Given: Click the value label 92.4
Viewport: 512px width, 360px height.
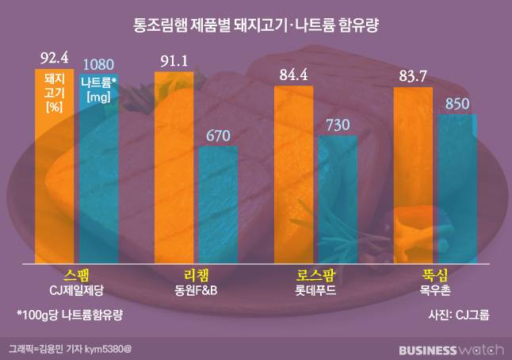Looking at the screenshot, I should point(55,57).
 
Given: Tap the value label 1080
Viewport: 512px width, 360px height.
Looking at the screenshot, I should point(99,63).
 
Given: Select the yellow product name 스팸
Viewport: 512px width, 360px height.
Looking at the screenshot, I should point(77,275).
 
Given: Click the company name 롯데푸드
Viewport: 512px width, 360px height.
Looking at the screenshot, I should point(315,290).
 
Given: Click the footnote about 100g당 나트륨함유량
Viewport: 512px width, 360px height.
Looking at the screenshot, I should point(71,315).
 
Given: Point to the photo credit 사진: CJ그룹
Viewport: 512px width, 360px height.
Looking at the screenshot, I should point(458,315).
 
